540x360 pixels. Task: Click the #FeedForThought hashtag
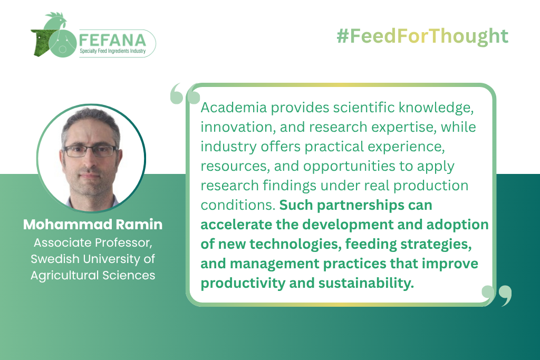[x=422, y=36]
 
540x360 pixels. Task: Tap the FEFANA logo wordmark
[x=113, y=40]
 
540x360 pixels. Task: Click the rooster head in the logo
[x=56, y=21]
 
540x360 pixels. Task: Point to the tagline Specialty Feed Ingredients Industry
[x=113, y=51]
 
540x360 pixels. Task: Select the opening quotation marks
[x=185, y=94]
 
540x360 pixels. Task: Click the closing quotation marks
[x=497, y=296]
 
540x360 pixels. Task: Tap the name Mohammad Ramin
[x=93, y=225]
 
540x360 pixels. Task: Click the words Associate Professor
[x=93, y=243]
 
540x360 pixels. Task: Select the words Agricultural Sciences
[x=93, y=275]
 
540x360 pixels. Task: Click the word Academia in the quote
[x=234, y=108]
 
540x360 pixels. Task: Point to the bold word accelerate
[x=236, y=225]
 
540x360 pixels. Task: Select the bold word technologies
[x=295, y=245]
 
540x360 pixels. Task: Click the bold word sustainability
[x=366, y=283]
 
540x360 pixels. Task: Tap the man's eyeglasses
[x=90, y=151]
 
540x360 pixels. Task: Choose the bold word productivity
[x=243, y=283]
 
